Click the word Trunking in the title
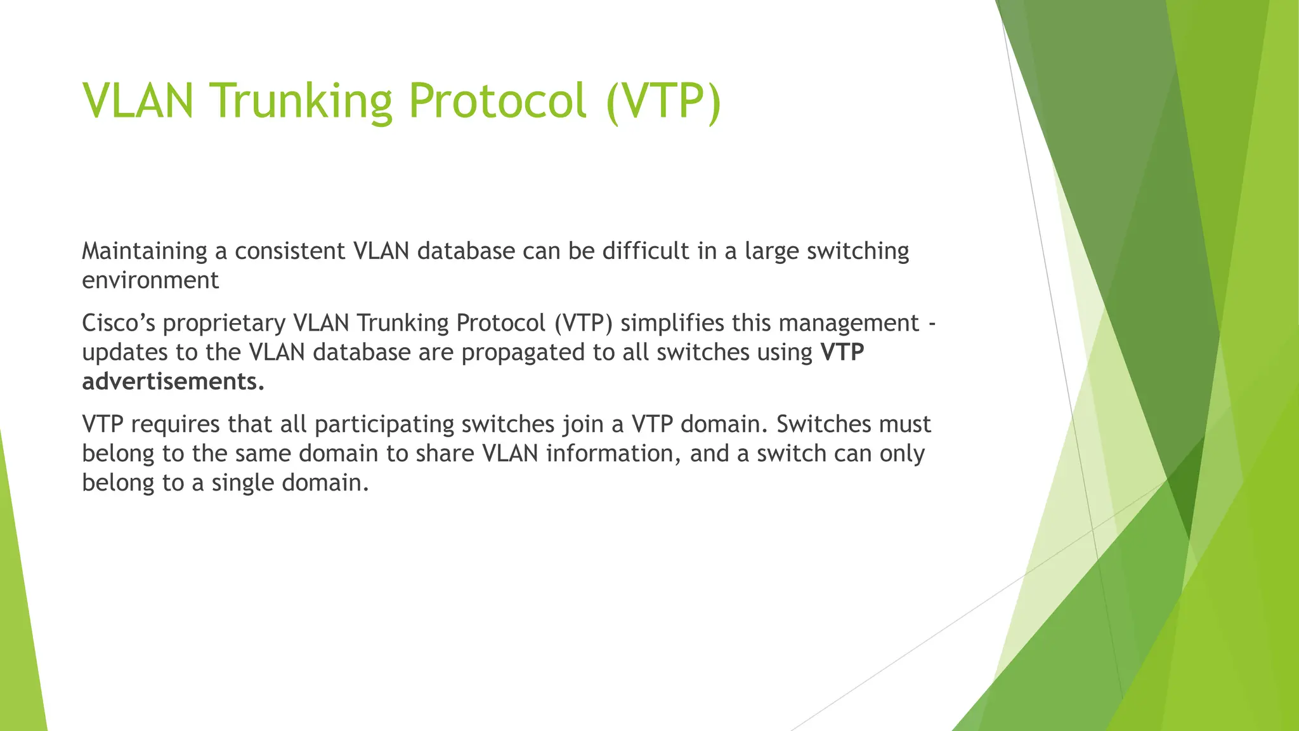pyautogui.click(x=301, y=102)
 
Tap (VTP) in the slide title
pyautogui.click(x=663, y=102)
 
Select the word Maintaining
pyautogui.click(x=145, y=251)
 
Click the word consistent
pyautogui.click(x=290, y=251)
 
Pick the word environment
pyautogui.click(x=150, y=280)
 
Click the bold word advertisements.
pyautogui.click(x=173, y=382)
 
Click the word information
pyautogui.click(x=613, y=454)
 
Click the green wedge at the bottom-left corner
pyautogui.click(x=19, y=635)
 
